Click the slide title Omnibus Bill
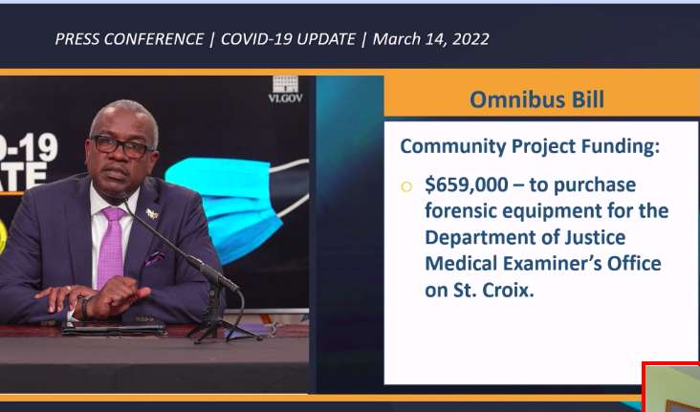click(x=536, y=99)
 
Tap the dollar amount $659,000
click(x=467, y=184)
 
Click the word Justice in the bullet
click(x=595, y=236)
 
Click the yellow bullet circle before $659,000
click(x=406, y=186)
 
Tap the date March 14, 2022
click(x=430, y=39)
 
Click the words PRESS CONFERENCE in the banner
click(x=129, y=39)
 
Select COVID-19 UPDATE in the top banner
click(x=288, y=39)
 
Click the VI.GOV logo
click(x=285, y=90)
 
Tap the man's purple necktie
click(x=110, y=247)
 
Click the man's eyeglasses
click(x=121, y=146)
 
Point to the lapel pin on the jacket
click(x=152, y=214)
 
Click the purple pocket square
click(x=154, y=257)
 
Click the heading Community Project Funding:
click(x=530, y=147)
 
